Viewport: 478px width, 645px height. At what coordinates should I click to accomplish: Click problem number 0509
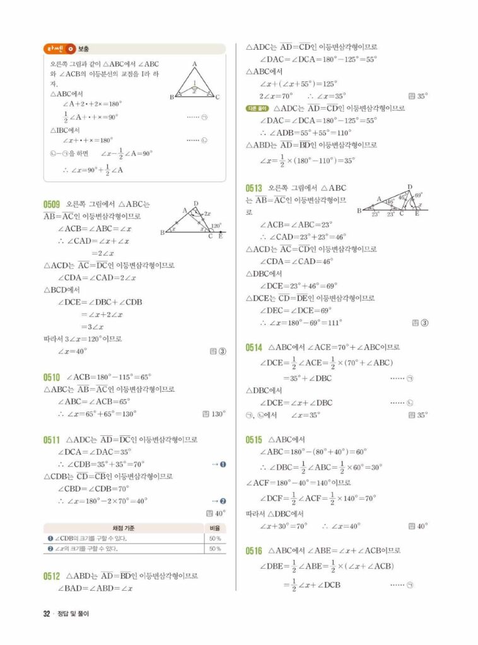tap(52, 205)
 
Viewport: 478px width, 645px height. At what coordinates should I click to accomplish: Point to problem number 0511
tap(52, 440)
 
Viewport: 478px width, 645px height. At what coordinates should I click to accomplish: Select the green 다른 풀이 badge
tap(257, 108)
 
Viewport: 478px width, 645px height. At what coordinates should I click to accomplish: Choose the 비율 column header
tap(214, 527)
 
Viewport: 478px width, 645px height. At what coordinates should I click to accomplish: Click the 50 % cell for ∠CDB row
tap(214, 539)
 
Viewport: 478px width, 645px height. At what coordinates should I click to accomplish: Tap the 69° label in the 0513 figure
tap(417, 197)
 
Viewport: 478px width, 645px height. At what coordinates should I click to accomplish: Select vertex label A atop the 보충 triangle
tap(195, 64)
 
